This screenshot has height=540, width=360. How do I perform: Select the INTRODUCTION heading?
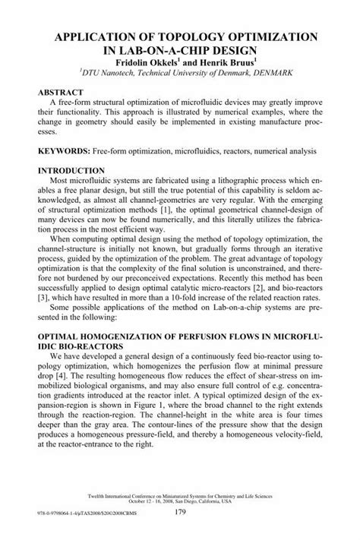pos(75,172)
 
